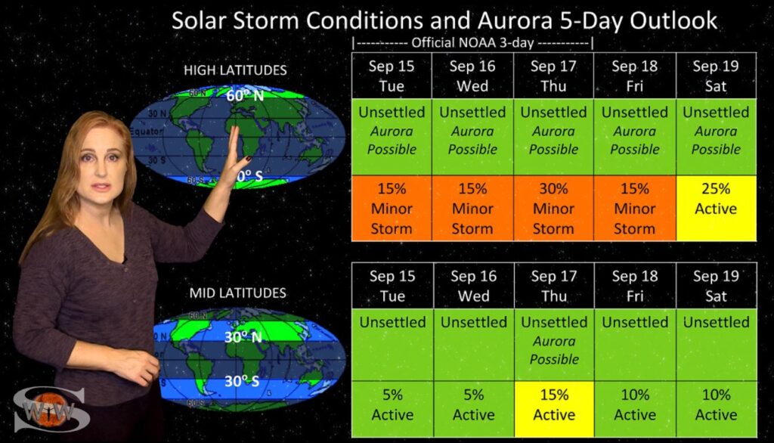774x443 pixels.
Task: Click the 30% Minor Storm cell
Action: pos(553,209)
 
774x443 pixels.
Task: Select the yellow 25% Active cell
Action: pos(716,209)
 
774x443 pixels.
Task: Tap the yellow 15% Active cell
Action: pos(554,409)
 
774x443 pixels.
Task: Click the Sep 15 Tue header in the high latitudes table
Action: pos(392,76)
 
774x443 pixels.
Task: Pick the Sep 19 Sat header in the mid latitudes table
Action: pos(716,286)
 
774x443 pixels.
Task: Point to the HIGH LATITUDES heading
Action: pos(235,70)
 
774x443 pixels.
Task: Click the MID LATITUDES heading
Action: pos(237,293)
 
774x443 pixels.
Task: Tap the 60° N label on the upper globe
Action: pos(245,94)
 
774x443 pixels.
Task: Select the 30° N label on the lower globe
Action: pos(243,337)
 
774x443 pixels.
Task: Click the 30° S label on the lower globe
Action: pos(242,381)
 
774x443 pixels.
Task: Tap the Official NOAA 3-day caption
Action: pos(473,43)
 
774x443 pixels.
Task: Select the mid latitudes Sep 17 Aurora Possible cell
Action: pos(554,345)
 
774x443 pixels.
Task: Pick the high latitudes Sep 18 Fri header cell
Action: pos(634,76)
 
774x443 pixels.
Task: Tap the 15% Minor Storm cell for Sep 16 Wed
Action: pos(472,209)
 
